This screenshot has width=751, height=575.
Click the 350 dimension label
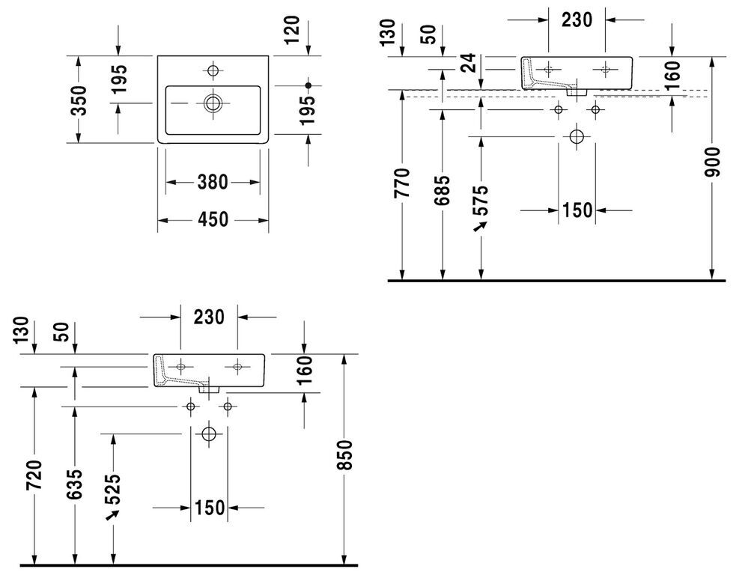coord(79,100)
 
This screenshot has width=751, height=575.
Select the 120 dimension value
coord(292,30)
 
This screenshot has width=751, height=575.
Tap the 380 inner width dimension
coord(213,182)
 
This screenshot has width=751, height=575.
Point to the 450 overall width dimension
coord(213,220)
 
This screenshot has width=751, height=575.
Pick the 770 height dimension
coord(402,183)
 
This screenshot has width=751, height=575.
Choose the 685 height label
coord(442,190)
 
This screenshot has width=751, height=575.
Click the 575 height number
coord(481,200)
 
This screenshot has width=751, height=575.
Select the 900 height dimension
coord(712,162)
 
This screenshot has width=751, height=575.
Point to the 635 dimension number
coord(74,484)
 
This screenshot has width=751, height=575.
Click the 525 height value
coord(113,490)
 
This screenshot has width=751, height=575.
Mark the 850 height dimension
coord(344,454)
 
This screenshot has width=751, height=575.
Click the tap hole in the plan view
coord(213,71)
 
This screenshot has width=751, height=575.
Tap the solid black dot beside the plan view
coord(308,85)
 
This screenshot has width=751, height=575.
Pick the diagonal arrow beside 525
coord(112,514)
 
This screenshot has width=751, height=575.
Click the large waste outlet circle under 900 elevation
coord(577,137)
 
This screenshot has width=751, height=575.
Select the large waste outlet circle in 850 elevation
coord(209,433)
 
